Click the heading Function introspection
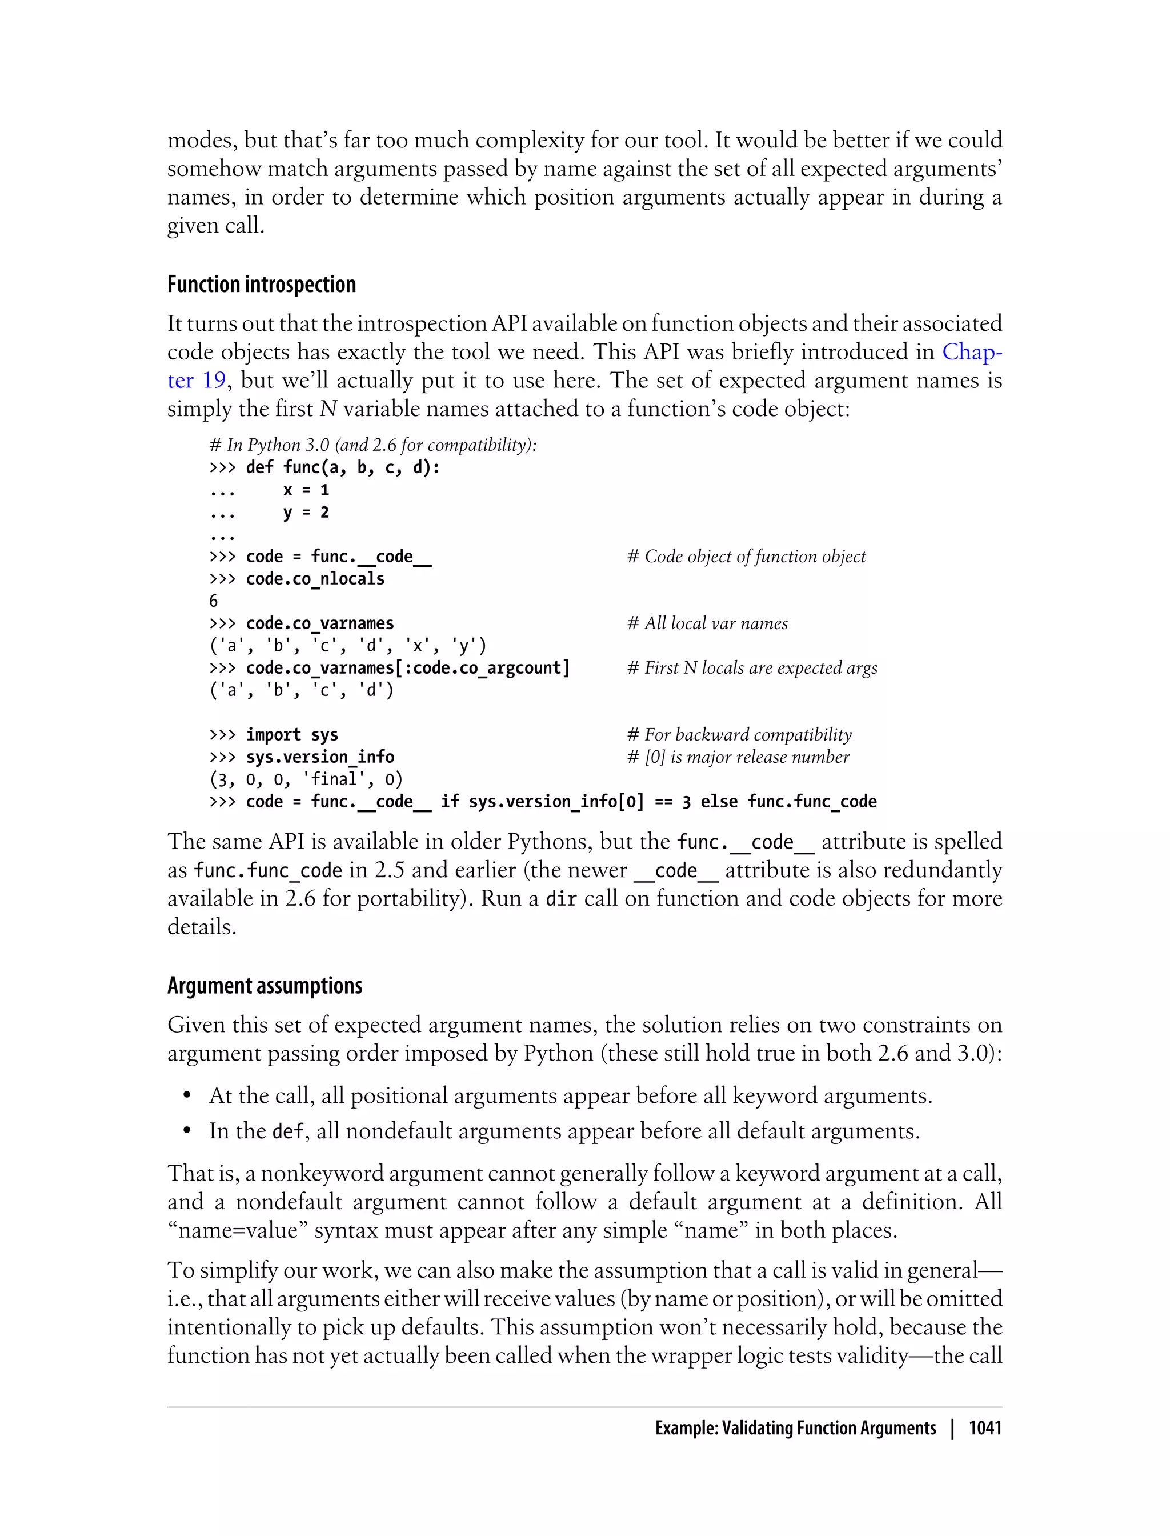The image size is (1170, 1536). (x=261, y=285)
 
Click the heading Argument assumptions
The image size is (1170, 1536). (x=265, y=986)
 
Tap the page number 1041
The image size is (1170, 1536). (x=985, y=1428)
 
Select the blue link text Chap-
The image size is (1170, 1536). (x=972, y=352)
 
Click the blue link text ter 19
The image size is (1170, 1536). (x=197, y=381)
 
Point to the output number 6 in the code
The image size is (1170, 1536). (x=214, y=601)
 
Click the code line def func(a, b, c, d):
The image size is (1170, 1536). (x=343, y=467)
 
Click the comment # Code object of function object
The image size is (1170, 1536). (x=746, y=557)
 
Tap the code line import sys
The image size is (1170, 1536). (x=292, y=735)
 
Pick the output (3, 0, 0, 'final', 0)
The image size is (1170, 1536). (x=306, y=779)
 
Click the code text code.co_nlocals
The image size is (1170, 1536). (x=315, y=579)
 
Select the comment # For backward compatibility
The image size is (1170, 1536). (x=739, y=735)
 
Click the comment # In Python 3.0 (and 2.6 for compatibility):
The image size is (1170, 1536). (x=373, y=445)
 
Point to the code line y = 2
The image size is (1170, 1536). (x=306, y=512)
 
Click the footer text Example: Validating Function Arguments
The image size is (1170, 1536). (x=795, y=1428)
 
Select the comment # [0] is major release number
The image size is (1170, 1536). (x=738, y=757)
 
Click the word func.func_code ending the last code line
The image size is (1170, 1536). (x=811, y=802)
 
